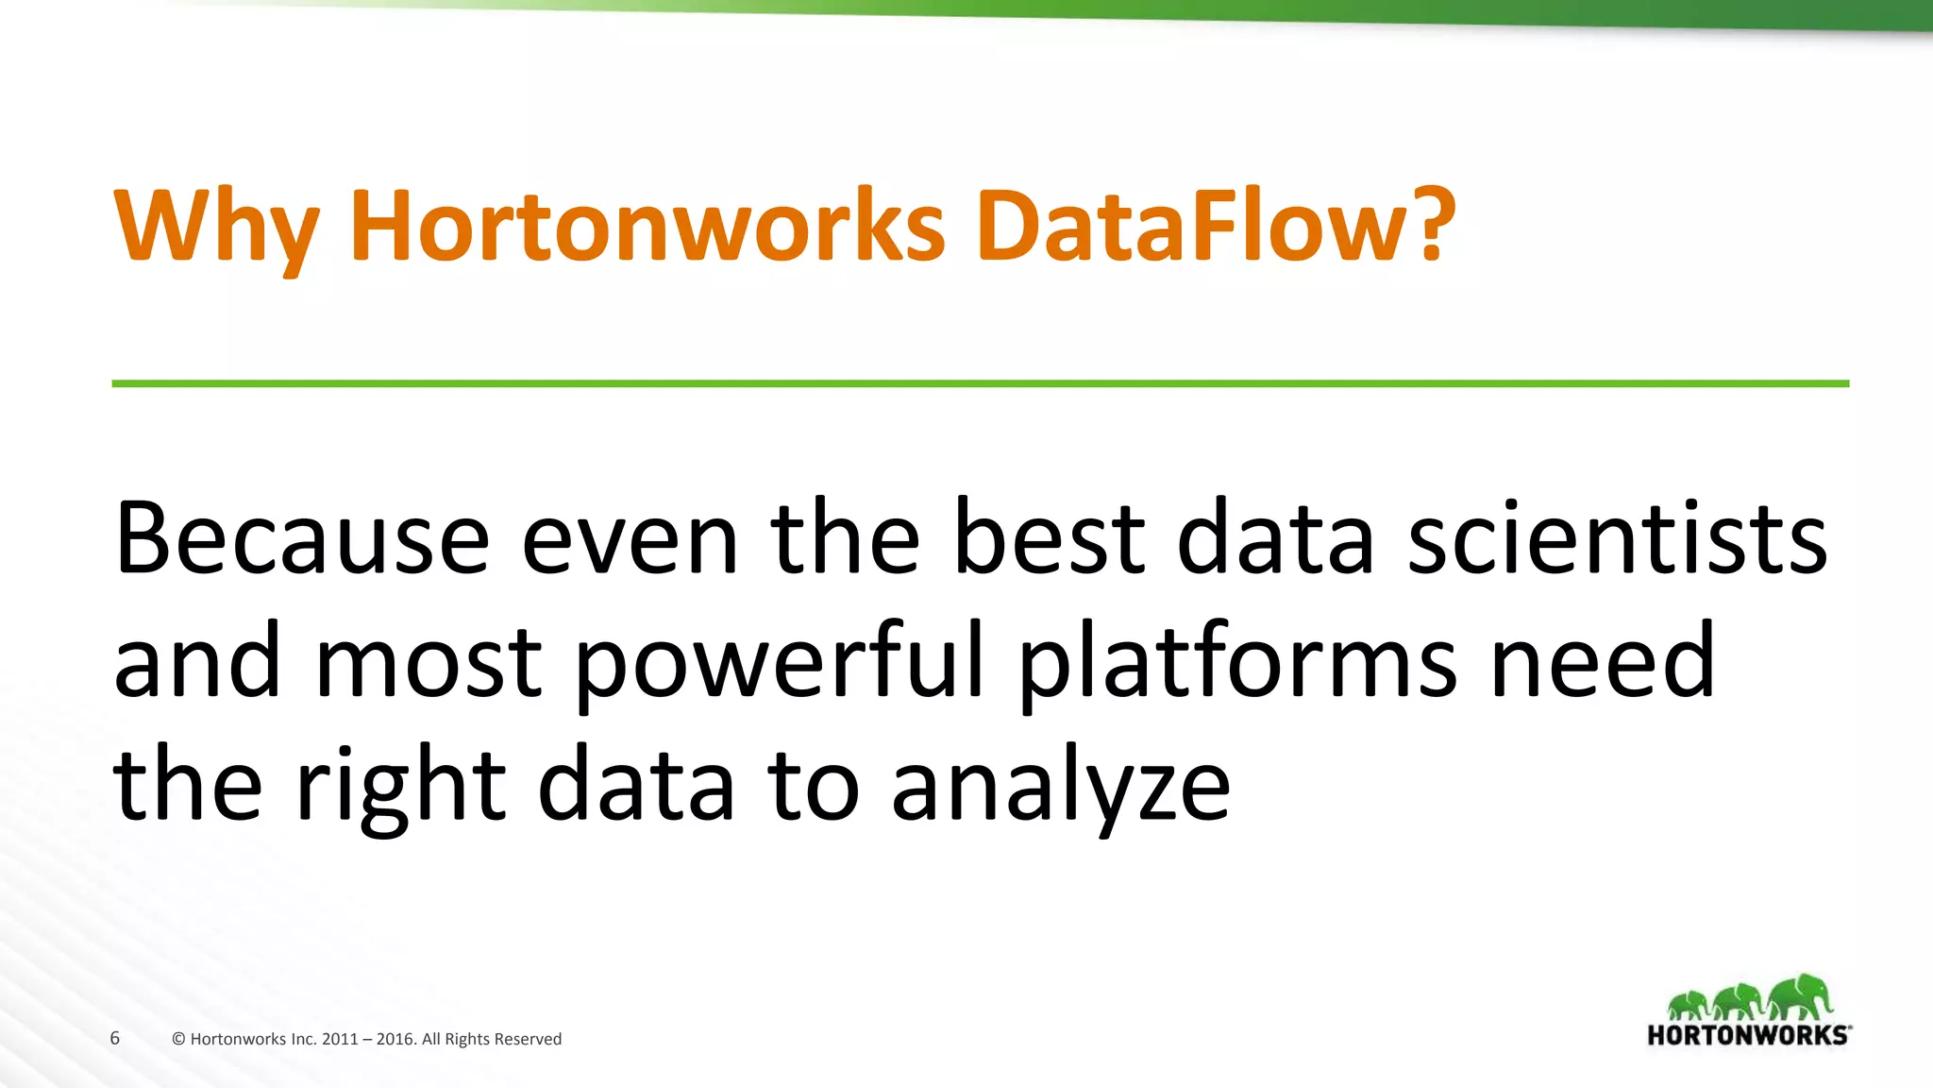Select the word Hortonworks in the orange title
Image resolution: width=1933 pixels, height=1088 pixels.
647,227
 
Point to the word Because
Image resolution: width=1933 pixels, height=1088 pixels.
302,538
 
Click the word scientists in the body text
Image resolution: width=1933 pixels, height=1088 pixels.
1617,538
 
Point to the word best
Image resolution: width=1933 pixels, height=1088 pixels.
1049,538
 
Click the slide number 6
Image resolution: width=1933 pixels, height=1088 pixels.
115,1038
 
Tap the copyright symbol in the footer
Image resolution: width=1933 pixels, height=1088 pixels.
178,1039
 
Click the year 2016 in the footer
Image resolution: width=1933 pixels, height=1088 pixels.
395,1039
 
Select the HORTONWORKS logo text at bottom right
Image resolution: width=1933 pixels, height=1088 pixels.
1748,1035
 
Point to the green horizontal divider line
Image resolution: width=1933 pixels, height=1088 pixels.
980,383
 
